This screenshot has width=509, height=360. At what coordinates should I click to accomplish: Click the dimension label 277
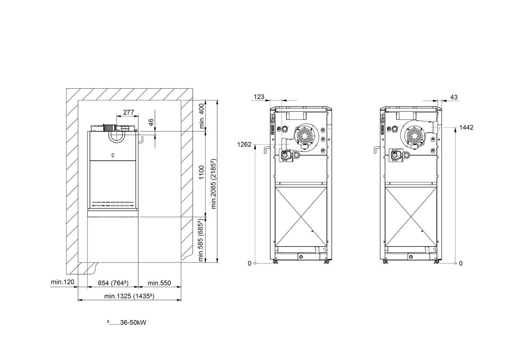(129, 112)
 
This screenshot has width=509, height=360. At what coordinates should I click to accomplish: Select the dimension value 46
(151, 123)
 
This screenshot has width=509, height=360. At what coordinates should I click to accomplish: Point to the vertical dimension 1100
(201, 172)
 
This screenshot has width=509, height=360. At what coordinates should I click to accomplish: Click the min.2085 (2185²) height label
(214, 184)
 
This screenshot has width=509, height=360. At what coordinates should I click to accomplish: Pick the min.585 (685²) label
(201, 240)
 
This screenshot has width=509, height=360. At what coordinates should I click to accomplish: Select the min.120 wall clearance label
(63, 282)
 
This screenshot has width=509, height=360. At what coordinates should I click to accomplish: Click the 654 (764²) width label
(113, 283)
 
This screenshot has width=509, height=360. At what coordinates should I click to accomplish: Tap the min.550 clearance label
(159, 283)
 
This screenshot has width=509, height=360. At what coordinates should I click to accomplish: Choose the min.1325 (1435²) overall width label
(129, 296)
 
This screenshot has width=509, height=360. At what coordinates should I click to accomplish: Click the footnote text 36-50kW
(133, 323)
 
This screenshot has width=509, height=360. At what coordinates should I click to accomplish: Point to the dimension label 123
(259, 97)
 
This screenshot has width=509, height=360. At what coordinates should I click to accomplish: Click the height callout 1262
(244, 145)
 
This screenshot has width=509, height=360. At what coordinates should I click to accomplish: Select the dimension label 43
(454, 97)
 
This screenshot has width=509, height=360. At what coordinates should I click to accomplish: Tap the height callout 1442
(466, 128)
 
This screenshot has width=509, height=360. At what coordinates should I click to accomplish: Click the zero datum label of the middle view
(249, 264)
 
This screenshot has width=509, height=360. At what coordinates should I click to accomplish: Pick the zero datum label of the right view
(461, 264)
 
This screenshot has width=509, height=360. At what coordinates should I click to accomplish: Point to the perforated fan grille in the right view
(414, 136)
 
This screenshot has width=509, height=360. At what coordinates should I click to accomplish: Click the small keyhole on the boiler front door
(113, 156)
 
